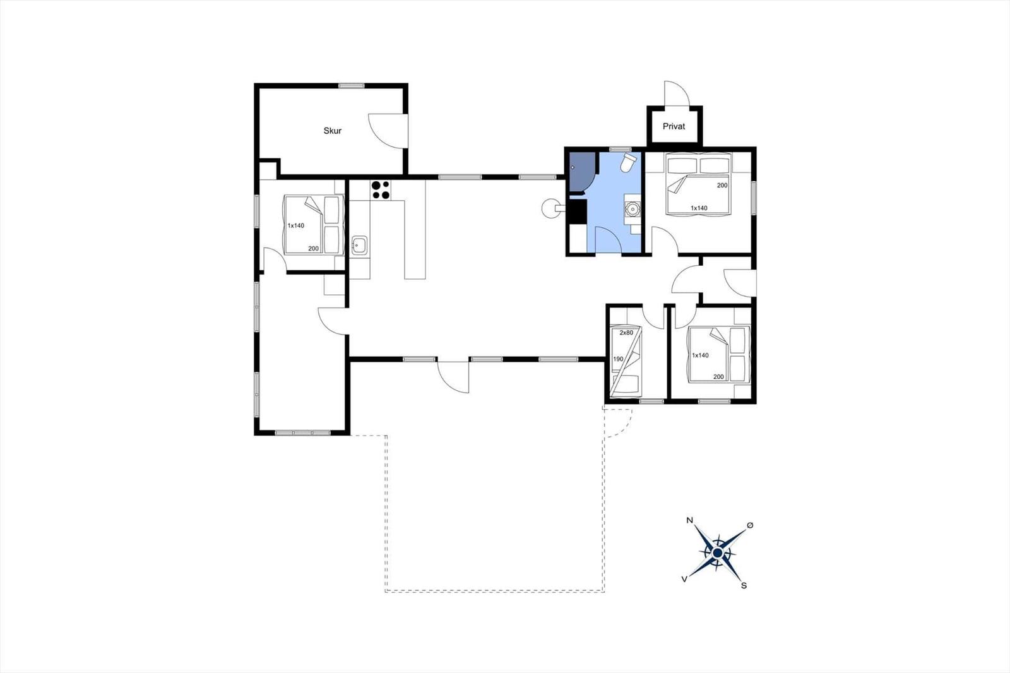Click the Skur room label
[x=332, y=131]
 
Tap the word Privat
[x=674, y=126]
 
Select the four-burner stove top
[x=381, y=190]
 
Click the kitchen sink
[x=359, y=246]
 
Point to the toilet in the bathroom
[x=628, y=162]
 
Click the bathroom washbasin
[x=632, y=210]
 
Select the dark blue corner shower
[x=582, y=172]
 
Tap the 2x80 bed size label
[x=626, y=333]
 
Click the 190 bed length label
[x=618, y=359]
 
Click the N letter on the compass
[x=689, y=520]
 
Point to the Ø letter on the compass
[x=750, y=525]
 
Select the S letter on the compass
[x=744, y=585]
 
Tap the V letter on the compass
[x=684, y=579]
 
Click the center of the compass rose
[x=717, y=552]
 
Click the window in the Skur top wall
[x=351, y=86]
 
